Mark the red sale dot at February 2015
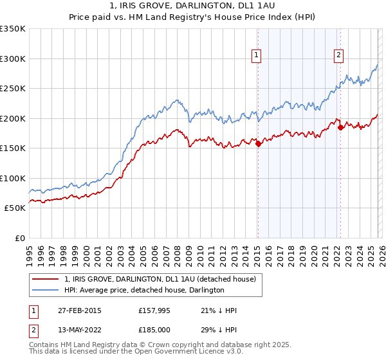(258, 144)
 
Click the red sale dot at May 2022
(340, 127)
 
